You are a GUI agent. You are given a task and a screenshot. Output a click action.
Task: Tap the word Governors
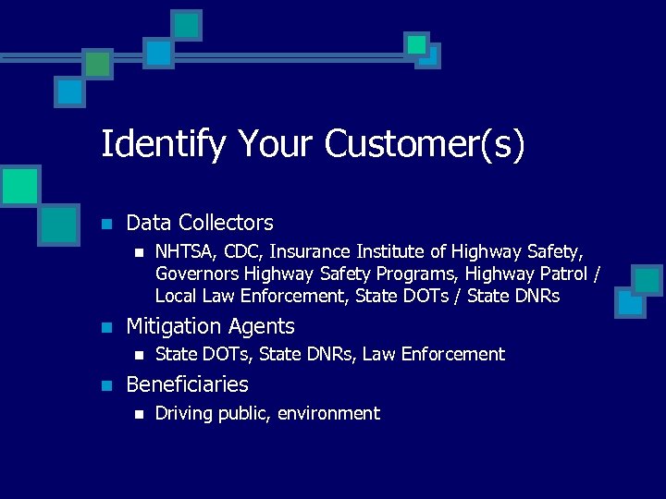(197, 274)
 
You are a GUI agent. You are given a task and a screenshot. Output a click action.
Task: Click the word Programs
(420, 274)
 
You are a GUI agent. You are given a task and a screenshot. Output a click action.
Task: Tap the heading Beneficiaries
(187, 383)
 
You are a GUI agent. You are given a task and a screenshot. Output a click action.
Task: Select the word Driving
(184, 413)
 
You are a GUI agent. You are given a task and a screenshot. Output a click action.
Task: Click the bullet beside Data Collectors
(106, 224)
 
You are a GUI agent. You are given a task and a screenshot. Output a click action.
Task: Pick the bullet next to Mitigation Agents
(106, 327)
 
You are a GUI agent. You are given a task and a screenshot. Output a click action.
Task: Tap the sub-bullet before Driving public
(138, 414)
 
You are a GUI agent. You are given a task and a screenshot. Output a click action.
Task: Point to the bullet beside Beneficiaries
(106, 384)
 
